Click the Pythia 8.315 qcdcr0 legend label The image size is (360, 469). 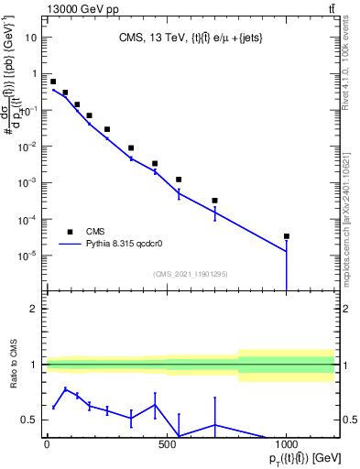click(x=136, y=245)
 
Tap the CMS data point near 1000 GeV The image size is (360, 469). click(x=287, y=236)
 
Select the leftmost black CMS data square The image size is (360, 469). click(x=53, y=82)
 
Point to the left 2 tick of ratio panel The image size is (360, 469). click(x=34, y=309)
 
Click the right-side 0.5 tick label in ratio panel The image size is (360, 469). click(x=348, y=420)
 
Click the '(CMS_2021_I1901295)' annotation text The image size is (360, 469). click(x=191, y=274)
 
